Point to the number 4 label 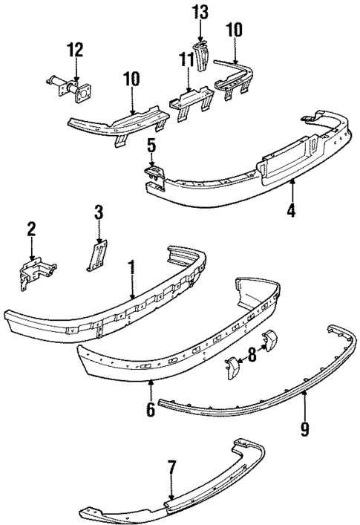tap(292, 210)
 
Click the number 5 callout tap(151, 146)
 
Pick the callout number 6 tap(151, 409)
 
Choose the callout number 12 tap(73, 50)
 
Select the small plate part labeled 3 tap(94, 256)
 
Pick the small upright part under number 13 tap(201, 56)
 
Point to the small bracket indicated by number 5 tap(153, 173)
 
